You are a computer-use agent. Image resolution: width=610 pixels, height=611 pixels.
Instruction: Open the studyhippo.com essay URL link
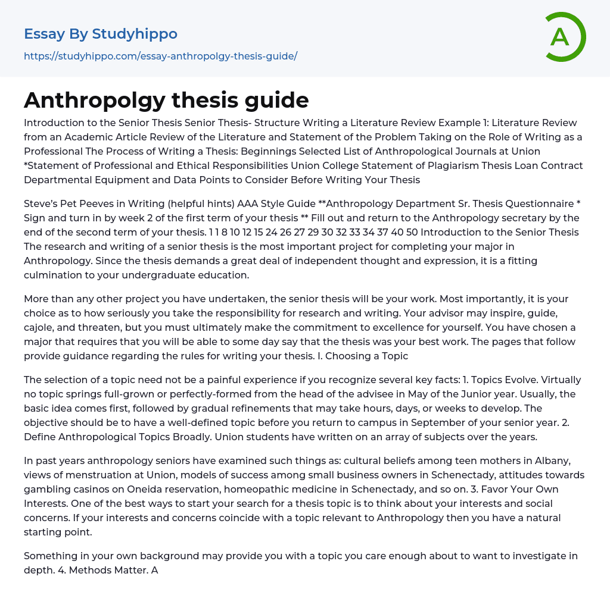[x=160, y=56]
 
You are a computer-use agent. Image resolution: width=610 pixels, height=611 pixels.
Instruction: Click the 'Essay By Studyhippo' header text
[x=101, y=34]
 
